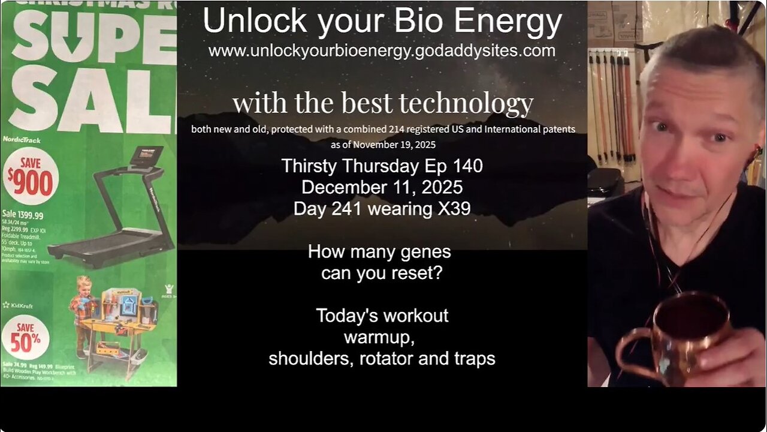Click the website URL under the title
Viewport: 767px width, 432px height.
pyautogui.click(x=382, y=51)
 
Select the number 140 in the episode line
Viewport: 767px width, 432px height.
pyautogui.click(x=468, y=166)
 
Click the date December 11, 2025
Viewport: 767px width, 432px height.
pyautogui.click(x=382, y=187)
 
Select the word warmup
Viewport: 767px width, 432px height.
pyautogui.click(x=379, y=337)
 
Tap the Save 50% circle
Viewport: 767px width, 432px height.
pyautogui.click(x=25, y=337)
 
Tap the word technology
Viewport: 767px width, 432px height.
pyautogui.click(x=473, y=103)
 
